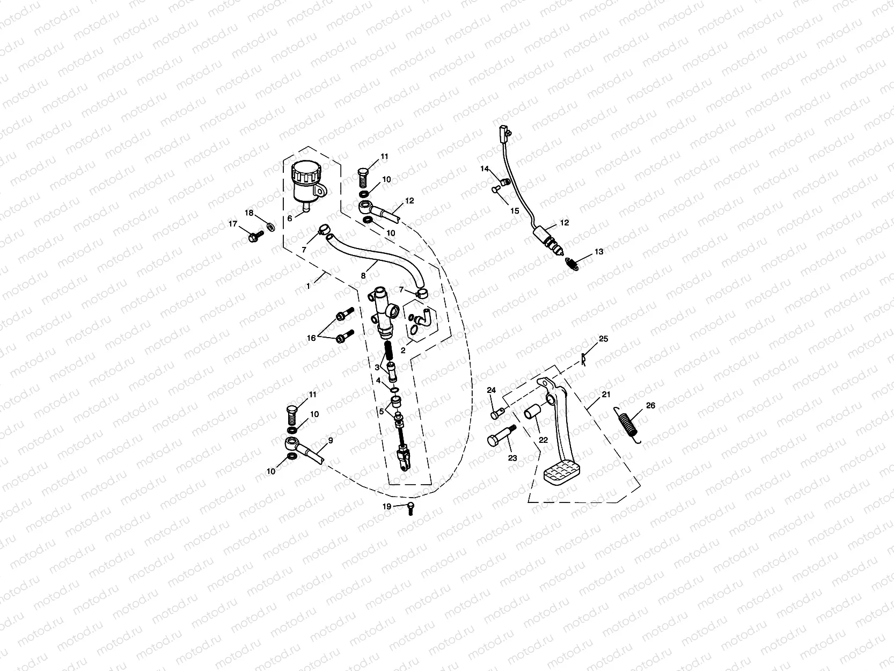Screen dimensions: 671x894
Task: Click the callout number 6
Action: pos(290,218)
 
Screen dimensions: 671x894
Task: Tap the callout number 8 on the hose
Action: pos(363,275)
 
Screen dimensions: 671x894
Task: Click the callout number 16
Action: pos(311,338)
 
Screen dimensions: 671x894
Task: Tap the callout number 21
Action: pos(606,395)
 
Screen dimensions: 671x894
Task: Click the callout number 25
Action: pos(604,339)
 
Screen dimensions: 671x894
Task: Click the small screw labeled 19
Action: pos(411,507)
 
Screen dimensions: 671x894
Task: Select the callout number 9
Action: pos(330,440)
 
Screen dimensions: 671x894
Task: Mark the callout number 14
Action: pos(485,169)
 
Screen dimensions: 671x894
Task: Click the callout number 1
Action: pos(309,287)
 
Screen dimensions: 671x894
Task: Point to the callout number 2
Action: pos(403,349)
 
